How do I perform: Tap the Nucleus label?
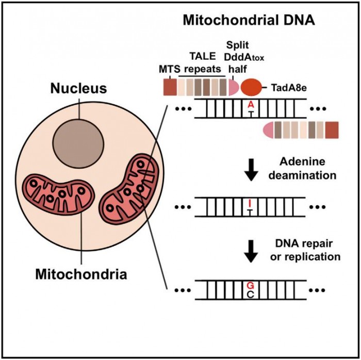tap(78, 88)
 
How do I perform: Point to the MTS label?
tap(168, 69)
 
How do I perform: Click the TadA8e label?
tap(290, 88)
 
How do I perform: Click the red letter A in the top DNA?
tap(251, 105)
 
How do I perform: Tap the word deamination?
tap(307, 175)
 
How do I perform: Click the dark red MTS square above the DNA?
tap(169, 87)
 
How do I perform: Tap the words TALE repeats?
tap(202, 63)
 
